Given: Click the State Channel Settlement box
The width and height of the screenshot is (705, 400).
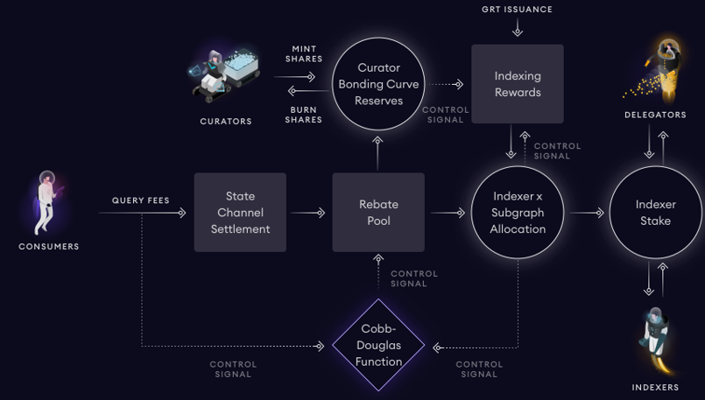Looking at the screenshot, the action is click(x=240, y=212).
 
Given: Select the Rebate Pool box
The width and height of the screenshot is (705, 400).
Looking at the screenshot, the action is click(x=378, y=212).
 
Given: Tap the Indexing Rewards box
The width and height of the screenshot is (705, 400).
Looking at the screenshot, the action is click(x=518, y=84).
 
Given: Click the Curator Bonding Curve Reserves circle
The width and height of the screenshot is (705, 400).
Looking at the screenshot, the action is click(x=378, y=84).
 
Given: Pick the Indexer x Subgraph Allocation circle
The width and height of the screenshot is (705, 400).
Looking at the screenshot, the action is click(x=518, y=212).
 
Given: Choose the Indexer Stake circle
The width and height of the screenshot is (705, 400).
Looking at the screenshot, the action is click(x=656, y=212).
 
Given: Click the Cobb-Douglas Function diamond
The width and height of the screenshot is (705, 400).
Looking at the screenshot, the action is click(x=378, y=345).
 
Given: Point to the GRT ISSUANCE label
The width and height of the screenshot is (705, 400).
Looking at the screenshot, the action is click(x=517, y=9).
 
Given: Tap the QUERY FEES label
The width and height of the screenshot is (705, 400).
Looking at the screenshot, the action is click(x=141, y=200).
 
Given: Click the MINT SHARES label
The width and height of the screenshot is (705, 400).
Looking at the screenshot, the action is click(x=304, y=53).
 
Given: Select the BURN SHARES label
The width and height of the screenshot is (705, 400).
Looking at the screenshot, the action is click(x=304, y=115).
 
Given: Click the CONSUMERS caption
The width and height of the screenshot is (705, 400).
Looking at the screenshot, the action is click(x=49, y=246).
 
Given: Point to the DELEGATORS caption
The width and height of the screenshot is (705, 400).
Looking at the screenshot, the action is click(x=656, y=115).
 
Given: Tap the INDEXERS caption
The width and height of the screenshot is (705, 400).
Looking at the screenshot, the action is click(x=656, y=387).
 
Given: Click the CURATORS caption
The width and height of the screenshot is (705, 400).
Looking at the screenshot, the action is click(x=226, y=122).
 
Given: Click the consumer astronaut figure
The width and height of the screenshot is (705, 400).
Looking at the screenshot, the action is click(x=46, y=202).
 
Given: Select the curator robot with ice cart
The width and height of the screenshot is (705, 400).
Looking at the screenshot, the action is click(x=224, y=75).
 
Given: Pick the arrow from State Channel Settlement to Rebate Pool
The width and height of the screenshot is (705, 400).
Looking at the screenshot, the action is click(x=308, y=213).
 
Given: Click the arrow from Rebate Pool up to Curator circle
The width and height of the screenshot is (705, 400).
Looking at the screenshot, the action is click(x=377, y=153).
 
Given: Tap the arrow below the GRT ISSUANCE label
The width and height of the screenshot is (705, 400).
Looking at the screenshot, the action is click(x=518, y=27).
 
